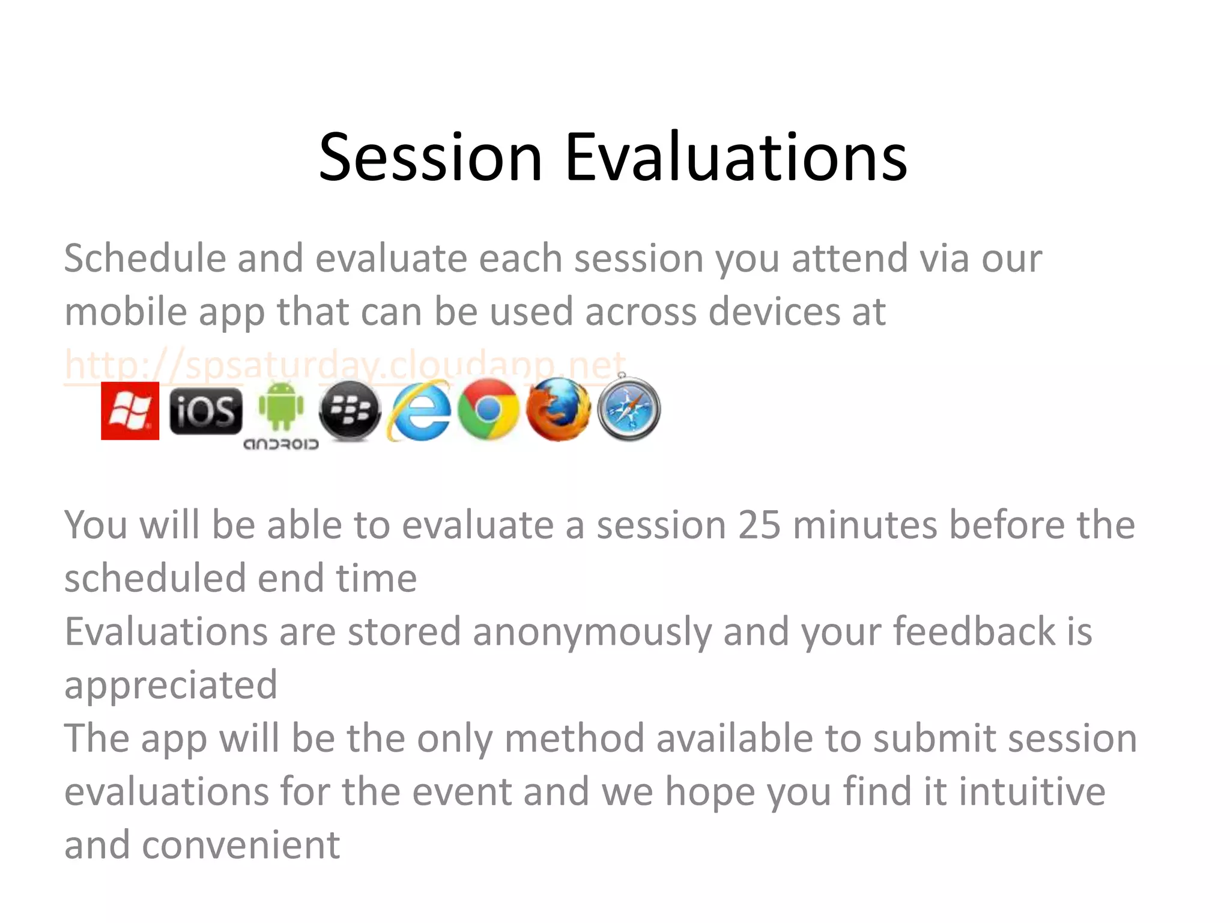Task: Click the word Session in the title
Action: coord(431,157)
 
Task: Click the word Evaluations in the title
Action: coord(736,157)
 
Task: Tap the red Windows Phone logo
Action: coord(130,410)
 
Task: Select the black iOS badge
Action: coord(206,411)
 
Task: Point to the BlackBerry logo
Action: coord(350,411)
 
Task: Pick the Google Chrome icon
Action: coord(488,409)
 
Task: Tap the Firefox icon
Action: coord(558,409)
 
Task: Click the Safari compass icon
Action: coord(629,409)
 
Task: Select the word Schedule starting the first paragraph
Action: coord(144,258)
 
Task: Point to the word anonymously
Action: coord(592,632)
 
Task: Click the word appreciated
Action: coord(171,686)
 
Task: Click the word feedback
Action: coord(974,632)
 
